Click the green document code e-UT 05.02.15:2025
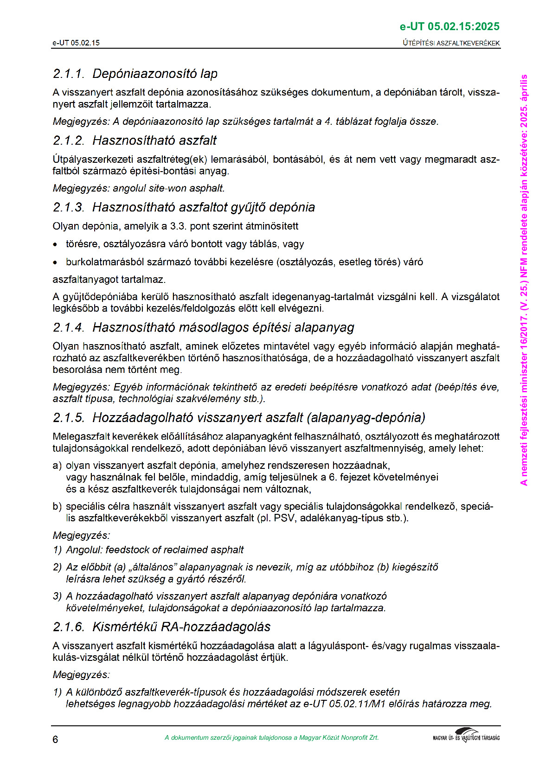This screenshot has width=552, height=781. (x=449, y=27)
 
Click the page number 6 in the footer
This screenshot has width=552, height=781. (x=55, y=739)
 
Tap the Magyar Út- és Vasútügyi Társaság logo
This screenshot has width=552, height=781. (x=466, y=736)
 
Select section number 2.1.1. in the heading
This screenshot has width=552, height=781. (x=69, y=74)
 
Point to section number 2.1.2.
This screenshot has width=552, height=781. (x=69, y=141)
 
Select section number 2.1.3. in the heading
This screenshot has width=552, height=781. (x=69, y=207)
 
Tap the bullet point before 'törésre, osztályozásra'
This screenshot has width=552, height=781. (x=56, y=244)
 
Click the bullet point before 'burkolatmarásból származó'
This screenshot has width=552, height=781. (x=56, y=262)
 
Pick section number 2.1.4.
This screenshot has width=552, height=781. (x=69, y=327)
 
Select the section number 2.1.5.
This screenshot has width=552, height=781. (x=69, y=418)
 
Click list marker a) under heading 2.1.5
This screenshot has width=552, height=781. (x=57, y=465)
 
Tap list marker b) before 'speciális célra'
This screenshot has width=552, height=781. (x=57, y=506)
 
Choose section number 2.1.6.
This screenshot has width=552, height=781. (x=69, y=627)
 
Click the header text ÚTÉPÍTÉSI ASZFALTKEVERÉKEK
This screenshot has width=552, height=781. (x=451, y=43)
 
